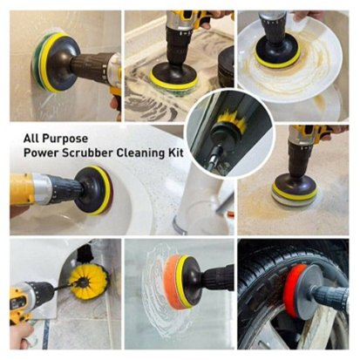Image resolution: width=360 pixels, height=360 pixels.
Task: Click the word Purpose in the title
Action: pyautogui.click(x=65, y=139)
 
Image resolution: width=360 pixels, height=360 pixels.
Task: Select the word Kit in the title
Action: pyautogui.click(x=176, y=153)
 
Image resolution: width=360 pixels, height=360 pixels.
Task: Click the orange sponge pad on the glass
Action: pyautogui.click(x=171, y=282)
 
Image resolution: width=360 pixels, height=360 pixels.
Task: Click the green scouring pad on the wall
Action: pyautogui.click(x=37, y=65)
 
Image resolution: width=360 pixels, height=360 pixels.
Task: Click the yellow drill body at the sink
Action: pyautogui.click(x=21, y=189)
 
